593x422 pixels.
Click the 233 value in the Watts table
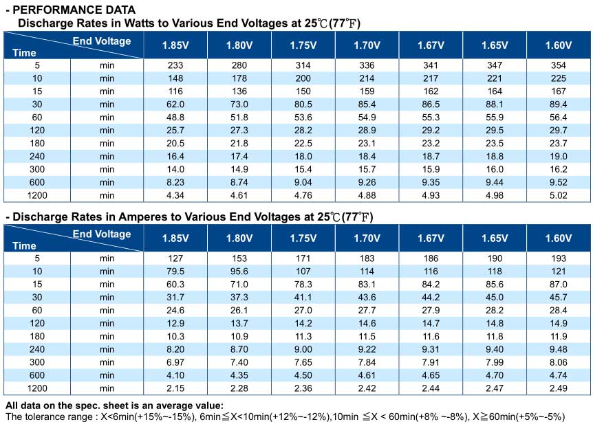point(175,65)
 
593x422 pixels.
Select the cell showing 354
point(558,65)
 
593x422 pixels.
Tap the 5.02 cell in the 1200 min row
point(558,195)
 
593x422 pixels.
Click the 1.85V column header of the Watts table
point(175,45)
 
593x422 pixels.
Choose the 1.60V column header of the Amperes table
point(558,238)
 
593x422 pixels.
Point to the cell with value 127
point(175,258)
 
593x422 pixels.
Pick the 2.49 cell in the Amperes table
point(558,388)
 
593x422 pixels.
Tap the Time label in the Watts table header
point(24,53)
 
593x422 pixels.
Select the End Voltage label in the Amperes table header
point(102,234)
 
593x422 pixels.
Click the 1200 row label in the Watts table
point(37,195)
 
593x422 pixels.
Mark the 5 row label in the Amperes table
point(37,258)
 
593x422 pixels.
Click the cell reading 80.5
point(303,104)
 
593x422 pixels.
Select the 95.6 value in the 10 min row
point(239,271)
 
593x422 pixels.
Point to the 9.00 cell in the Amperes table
point(303,349)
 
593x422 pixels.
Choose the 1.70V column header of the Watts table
point(367,45)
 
